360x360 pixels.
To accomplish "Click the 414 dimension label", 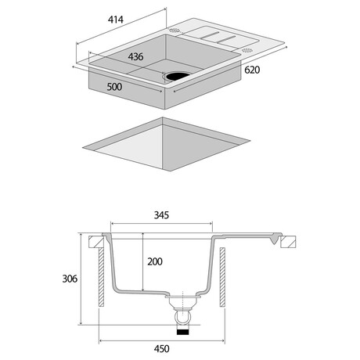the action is pos(116,20).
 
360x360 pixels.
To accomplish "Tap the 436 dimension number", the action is pos(135,56).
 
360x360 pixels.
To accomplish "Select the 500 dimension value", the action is pos(114,87).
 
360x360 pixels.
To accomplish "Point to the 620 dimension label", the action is pos(252,70).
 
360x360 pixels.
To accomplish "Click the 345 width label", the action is pos(161,215).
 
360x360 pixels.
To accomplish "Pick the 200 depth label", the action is pos(155,261).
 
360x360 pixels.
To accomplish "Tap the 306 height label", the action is pos(70,279).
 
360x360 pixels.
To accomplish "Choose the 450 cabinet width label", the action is pos(161,349).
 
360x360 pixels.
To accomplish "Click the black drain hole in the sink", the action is pos(178,76).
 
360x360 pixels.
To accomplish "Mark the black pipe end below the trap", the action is pos(182,332).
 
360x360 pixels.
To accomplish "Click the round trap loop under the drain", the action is pos(182,317).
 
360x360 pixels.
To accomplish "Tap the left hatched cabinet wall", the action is pos(101,277).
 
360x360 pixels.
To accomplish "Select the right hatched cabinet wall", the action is pos(222,277).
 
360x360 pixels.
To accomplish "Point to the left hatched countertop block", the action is pos(96,242).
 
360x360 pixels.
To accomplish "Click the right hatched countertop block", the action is pos(288,242).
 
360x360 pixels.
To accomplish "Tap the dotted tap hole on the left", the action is pos(175,31).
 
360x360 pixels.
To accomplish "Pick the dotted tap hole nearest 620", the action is pos(247,50).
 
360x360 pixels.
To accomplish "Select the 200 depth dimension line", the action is pos(142,262).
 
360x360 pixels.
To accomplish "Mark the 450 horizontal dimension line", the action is pos(162,340).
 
